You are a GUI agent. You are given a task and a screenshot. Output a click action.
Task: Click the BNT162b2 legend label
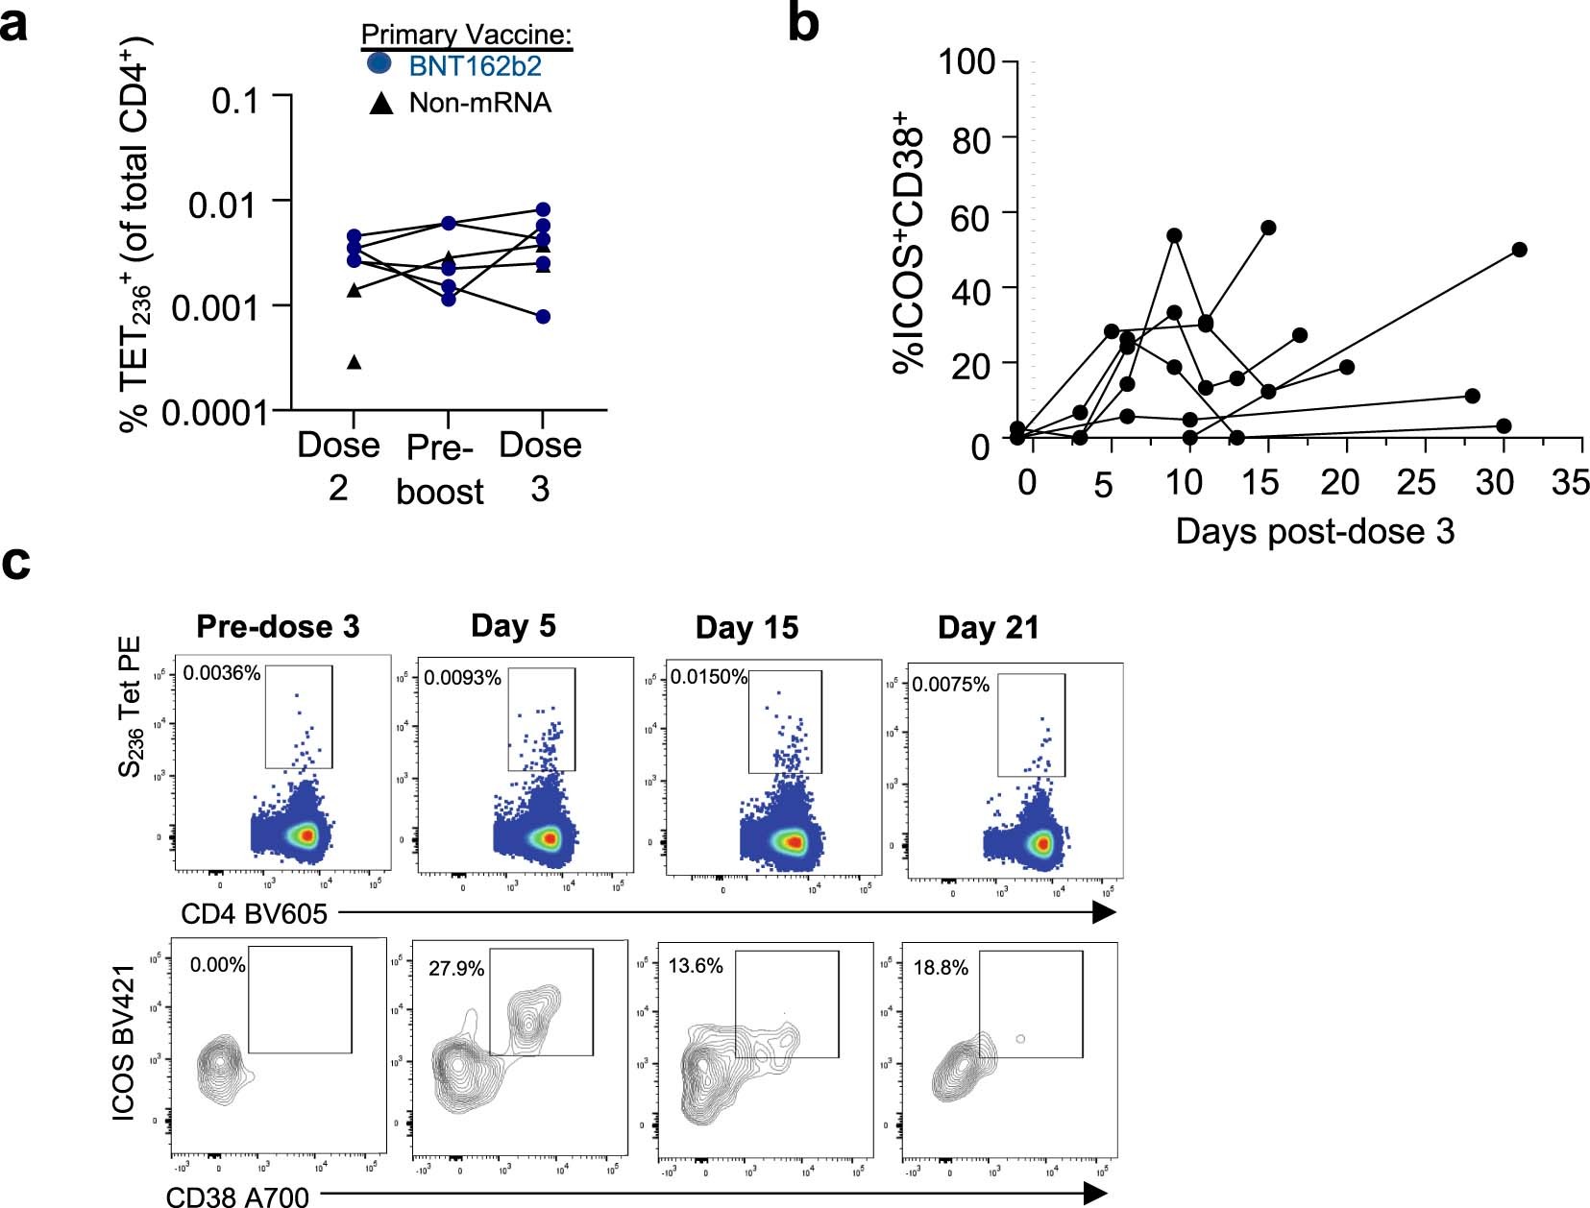point(475,66)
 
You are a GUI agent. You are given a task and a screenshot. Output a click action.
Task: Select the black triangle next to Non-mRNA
point(381,103)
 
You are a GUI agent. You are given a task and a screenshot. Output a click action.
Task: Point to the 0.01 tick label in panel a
point(223,205)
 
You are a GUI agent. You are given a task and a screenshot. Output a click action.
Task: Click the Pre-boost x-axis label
point(440,470)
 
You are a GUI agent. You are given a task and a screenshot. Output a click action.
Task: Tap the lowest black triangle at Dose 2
point(354,362)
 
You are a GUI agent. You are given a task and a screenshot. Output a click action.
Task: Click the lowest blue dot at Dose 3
point(543,317)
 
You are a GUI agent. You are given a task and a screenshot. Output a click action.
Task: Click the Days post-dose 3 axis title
point(1314,530)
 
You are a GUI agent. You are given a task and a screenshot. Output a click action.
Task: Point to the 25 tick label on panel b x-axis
point(1416,482)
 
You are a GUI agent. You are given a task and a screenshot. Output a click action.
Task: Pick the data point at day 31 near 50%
point(1519,250)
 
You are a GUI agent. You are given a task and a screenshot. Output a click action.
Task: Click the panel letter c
point(16,562)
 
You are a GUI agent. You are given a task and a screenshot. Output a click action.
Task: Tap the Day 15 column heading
point(746,628)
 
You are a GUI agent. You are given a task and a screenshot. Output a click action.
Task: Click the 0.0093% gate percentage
point(462,678)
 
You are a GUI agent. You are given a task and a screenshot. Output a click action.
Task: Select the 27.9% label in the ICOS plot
point(456,969)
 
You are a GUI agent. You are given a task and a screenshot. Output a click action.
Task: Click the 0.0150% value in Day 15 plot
point(708,677)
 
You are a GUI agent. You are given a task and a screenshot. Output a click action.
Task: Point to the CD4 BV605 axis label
point(254,913)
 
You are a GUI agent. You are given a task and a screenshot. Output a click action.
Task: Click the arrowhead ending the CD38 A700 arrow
point(1095,1194)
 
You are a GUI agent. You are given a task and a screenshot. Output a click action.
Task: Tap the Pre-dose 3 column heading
point(278,627)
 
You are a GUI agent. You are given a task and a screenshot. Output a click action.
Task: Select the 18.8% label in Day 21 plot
point(941,968)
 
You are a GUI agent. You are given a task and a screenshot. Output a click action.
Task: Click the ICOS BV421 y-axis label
point(124,1043)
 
